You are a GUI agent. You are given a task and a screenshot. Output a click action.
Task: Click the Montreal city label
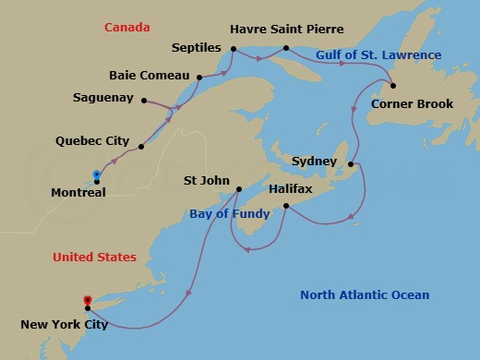click(x=80, y=192)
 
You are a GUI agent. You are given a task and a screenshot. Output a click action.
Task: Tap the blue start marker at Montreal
click(x=96, y=174)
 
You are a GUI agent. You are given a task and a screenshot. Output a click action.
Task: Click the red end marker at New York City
click(x=87, y=300)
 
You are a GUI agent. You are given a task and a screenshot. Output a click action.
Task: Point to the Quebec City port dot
click(x=141, y=147)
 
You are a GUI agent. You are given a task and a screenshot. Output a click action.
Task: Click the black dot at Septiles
click(x=234, y=49)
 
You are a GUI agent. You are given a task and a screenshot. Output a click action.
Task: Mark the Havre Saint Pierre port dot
click(x=286, y=48)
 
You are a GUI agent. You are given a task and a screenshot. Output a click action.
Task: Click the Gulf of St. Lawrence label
click(x=378, y=55)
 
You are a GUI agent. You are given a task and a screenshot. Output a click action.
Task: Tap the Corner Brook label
click(x=412, y=103)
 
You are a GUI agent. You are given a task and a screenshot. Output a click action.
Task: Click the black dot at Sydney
click(x=351, y=164)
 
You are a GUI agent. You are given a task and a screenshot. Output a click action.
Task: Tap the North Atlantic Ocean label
click(x=366, y=295)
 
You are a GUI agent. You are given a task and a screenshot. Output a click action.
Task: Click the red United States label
click(x=94, y=257)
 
